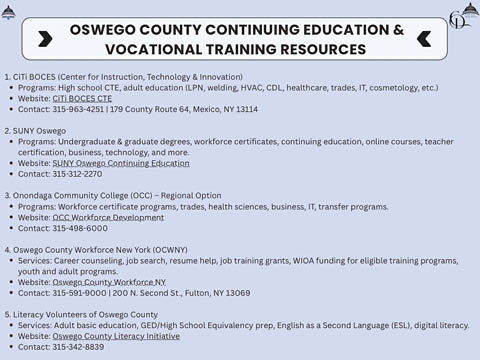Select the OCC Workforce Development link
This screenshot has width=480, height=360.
coord(108,217)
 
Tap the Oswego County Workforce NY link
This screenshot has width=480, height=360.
coord(109,282)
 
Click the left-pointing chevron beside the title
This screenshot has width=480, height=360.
coord(423,39)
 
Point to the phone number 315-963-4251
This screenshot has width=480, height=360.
coord(73,110)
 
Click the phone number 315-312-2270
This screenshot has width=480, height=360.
coord(77,174)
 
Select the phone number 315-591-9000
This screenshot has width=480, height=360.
coord(77,293)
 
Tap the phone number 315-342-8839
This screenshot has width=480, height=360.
coord(77,347)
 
